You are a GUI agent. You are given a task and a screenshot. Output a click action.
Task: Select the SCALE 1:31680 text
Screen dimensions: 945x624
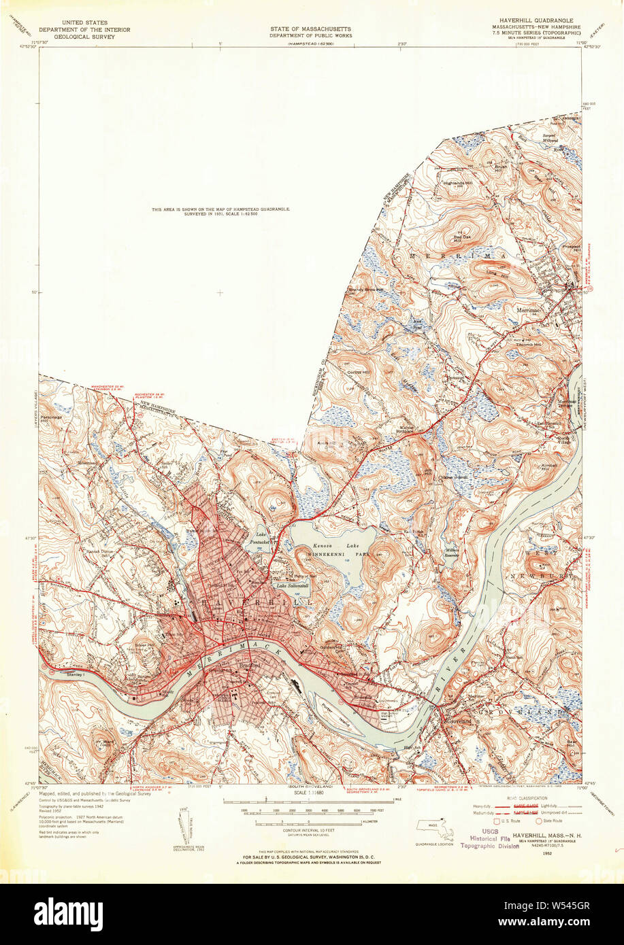click(x=310, y=793)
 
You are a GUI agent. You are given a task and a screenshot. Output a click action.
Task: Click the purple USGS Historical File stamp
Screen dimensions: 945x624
click(x=489, y=839)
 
